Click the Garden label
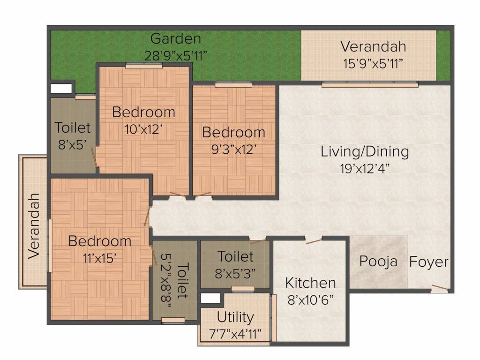(x=176, y=39)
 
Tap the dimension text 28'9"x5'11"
(x=176, y=56)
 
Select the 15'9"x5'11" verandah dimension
(x=373, y=64)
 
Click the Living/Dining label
(x=365, y=151)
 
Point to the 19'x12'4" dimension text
(x=365, y=168)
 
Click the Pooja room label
(x=378, y=262)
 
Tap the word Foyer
(x=429, y=262)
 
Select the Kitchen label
(x=310, y=283)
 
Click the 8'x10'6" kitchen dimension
(x=310, y=300)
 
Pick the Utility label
(x=235, y=317)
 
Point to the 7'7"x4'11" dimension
(x=235, y=334)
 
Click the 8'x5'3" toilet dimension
(x=235, y=273)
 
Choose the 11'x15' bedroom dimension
(x=99, y=258)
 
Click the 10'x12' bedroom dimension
(x=143, y=129)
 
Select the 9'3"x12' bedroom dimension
(x=233, y=150)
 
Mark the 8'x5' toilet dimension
(x=72, y=144)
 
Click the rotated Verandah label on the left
(x=34, y=226)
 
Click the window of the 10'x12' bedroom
(x=144, y=66)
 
